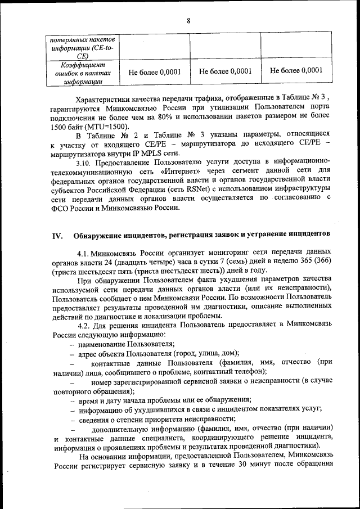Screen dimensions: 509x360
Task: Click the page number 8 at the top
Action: [x=188, y=21]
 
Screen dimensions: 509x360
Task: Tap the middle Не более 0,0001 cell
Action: [x=225, y=71]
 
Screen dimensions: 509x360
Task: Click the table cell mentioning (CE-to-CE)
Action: [x=82, y=48]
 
